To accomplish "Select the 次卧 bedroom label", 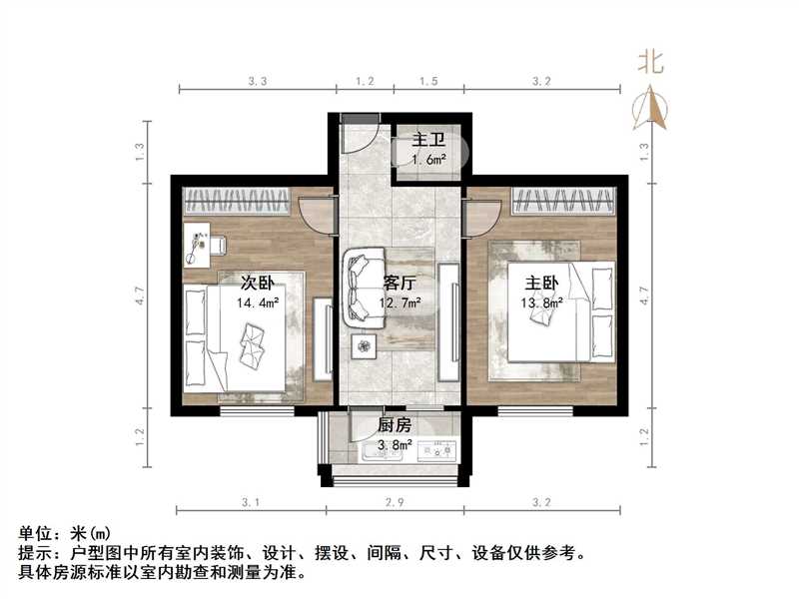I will pyautogui.click(x=258, y=282).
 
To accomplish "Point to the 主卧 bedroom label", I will pyautogui.click(x=539, y=282).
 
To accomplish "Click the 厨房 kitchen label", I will pyautogui.click(x=395, y=424).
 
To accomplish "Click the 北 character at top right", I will pyautogui.click(x=651, y=63).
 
